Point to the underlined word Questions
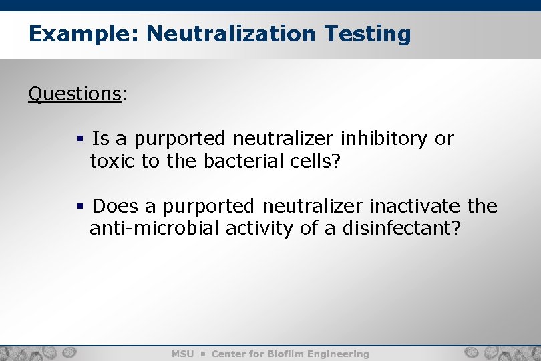pyautogui.click(x=74, y=94)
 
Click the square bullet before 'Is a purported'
pyautogui.click(x=79, y=140)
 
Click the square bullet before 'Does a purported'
pyautogui.click(x=79, y=207)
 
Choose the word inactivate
pyautogui.click(x=413, y=206)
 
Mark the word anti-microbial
pyautogui.click(x=154, y=228)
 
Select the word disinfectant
pyautogui.click(x=401, y=228)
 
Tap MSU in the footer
pyautogui.click(x=182, y=354)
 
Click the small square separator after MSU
pyautogui.click(x=202, y=354)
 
